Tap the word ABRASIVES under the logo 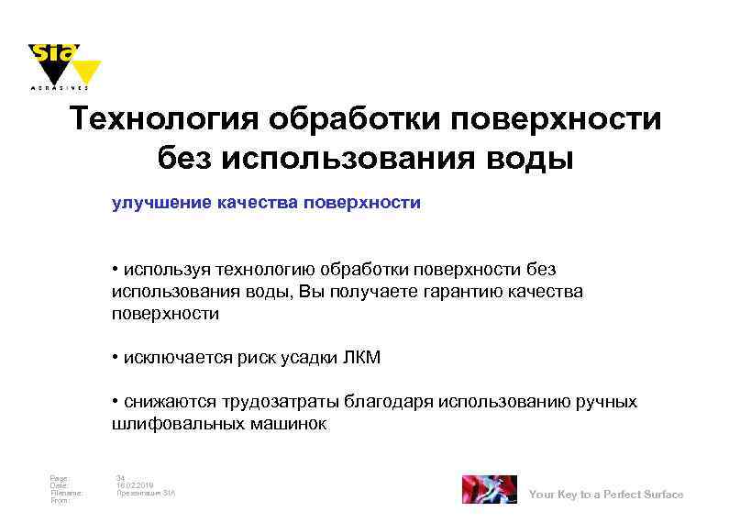(x=60, y=89)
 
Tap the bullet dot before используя (x=115, y=270)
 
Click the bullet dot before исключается (x=115, y=358)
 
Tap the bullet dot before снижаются (x=115, y=402)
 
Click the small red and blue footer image (x=488, y=489)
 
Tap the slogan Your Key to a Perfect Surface (x=606, y=495)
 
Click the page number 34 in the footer (x=120, y=477)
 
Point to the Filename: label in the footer (x=67, y=493)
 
